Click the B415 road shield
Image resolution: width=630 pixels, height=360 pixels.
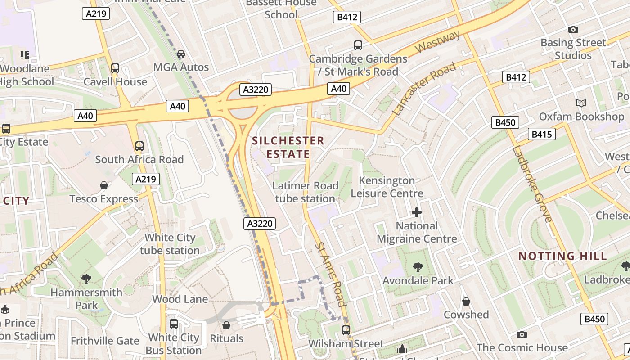tap(543, 134)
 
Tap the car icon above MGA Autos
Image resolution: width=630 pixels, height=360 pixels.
tap(181, 54)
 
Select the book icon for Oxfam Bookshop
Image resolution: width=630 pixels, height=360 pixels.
tap(581, 103)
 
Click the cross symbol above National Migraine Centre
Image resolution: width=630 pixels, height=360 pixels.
tap(417, 212)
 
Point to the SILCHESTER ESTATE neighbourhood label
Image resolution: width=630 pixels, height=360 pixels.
tap(288, 147)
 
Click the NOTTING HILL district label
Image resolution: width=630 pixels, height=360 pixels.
tap(562, 256)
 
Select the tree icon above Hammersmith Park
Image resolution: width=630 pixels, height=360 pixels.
tap(86, 279)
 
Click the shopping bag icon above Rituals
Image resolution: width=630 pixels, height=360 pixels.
tap(226, 325)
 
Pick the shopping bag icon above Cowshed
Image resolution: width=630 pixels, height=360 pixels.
tap(466, 301)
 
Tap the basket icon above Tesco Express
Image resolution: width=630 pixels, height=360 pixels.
tap(104, 185)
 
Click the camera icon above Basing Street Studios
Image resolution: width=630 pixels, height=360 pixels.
tap(573, 30)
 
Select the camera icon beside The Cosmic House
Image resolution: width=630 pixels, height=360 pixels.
tap(522, 334)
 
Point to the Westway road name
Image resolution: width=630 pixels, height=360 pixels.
tap(438, 42)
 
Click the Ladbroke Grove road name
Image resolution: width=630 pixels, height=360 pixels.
tap(532, 184)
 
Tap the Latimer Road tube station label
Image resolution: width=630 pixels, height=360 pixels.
tap(306, 192)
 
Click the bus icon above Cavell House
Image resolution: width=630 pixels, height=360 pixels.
tap(115, 68)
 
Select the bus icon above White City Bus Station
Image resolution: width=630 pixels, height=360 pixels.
tap(174, 324)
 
